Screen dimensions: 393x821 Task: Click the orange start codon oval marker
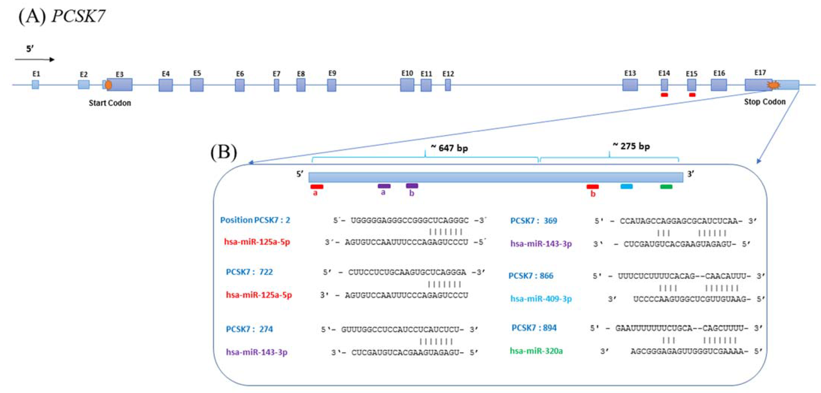click(108, 85)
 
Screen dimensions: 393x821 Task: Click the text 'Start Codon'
click(110, 103)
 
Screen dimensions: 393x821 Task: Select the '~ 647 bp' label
click(449, 148)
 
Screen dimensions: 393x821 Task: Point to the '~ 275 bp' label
click(631, 146)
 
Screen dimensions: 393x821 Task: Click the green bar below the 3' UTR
click(666, 187)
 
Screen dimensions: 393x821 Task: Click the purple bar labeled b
click(412, 186)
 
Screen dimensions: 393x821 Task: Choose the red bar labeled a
click(317, 187)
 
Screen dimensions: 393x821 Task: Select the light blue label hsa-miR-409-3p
click(541, 299)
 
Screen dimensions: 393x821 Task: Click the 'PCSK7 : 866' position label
click(531, 276)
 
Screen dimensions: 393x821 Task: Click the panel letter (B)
click(224, 152)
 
